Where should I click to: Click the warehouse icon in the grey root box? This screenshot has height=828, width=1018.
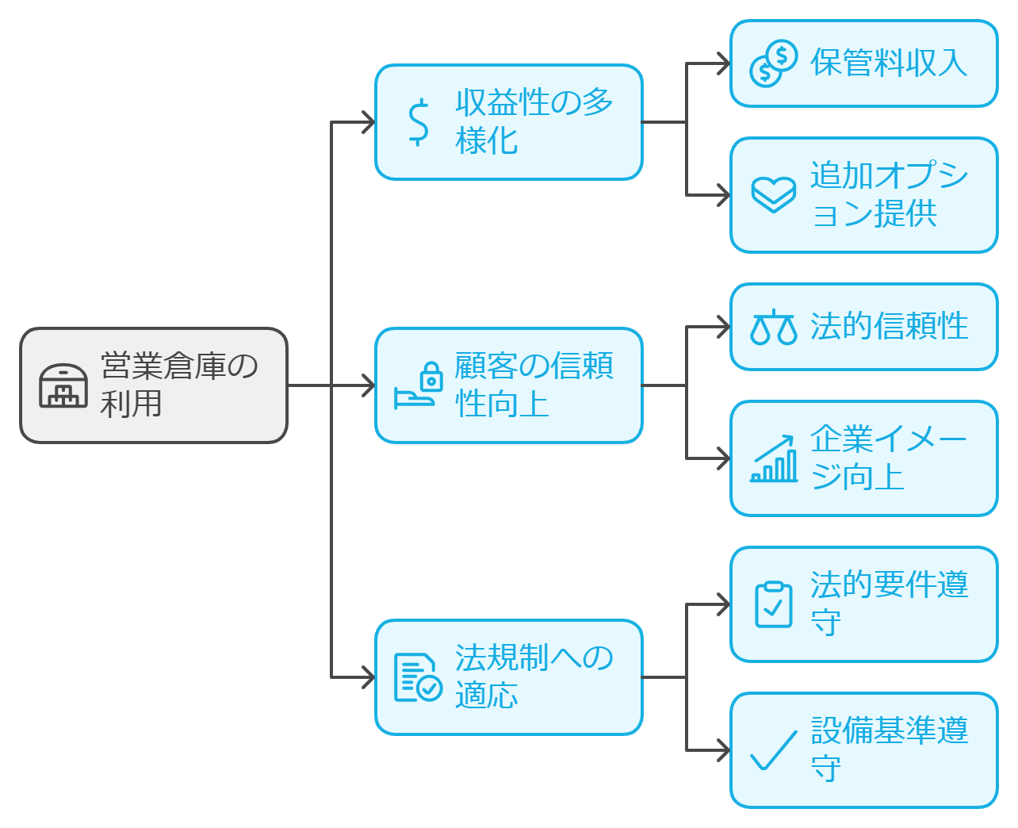[x=63, y=385]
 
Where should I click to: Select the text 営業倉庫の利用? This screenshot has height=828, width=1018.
[x=179, y=385]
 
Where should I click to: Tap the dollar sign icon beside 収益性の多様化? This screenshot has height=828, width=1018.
[x=418, y=122]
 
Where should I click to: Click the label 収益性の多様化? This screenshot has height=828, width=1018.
[x=533, y=122]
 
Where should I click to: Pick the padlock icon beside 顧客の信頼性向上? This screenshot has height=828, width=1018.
[x=431, y=376]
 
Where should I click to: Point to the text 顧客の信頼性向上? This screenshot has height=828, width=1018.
[x=533, y=385]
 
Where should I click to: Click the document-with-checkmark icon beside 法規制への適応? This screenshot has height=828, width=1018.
[x=418, y=677]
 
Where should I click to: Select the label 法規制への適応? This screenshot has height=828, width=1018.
[x=533, y=677]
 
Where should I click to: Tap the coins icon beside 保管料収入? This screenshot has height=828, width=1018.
[x=773, y=63]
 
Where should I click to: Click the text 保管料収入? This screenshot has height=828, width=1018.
[x=888, y=63]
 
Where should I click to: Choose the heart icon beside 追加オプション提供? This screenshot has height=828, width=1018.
[x=773, y=195]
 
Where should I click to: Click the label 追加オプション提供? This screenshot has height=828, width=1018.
[x=888, y=195]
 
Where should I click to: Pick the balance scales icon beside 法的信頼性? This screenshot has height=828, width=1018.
[x=773, y=327]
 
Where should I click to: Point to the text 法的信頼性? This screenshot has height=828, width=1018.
[x=888, y=327]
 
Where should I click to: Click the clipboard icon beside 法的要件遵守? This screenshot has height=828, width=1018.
[x=773, y=604]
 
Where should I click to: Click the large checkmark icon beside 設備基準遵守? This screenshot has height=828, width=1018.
[x=773, y=750]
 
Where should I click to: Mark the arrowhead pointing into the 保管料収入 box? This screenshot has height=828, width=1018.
[x=723, y=63]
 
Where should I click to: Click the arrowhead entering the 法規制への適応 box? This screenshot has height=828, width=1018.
[x=368, y=677]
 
